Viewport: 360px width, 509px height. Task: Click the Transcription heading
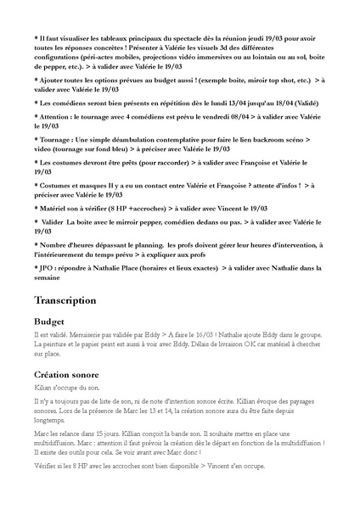(65, 301)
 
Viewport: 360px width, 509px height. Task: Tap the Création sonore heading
(70, 374)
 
